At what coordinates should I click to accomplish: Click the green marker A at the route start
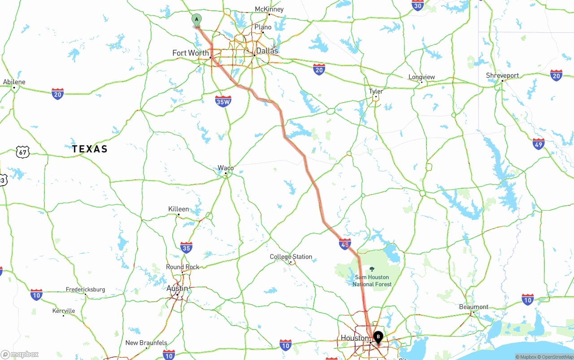196,20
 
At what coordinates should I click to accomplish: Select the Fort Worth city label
191,53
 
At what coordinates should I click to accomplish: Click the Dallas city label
267,51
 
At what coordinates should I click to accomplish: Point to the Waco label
226,168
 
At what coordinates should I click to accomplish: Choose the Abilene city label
14,82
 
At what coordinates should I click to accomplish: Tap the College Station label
291,257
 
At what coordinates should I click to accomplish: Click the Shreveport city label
502,75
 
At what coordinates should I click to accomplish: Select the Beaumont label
474,307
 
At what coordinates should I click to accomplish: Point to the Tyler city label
376,91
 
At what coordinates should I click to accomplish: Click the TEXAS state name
90,149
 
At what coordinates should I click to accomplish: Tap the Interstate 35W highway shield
223,101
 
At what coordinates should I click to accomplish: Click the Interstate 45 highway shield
345,244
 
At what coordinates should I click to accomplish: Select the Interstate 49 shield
539,144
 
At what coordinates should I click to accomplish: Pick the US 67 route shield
22,152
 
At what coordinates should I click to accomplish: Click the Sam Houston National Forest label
372,281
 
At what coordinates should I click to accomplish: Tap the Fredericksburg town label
85,290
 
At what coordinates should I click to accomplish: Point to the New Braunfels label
146,343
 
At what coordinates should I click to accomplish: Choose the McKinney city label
269,9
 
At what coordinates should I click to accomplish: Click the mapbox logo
20,355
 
